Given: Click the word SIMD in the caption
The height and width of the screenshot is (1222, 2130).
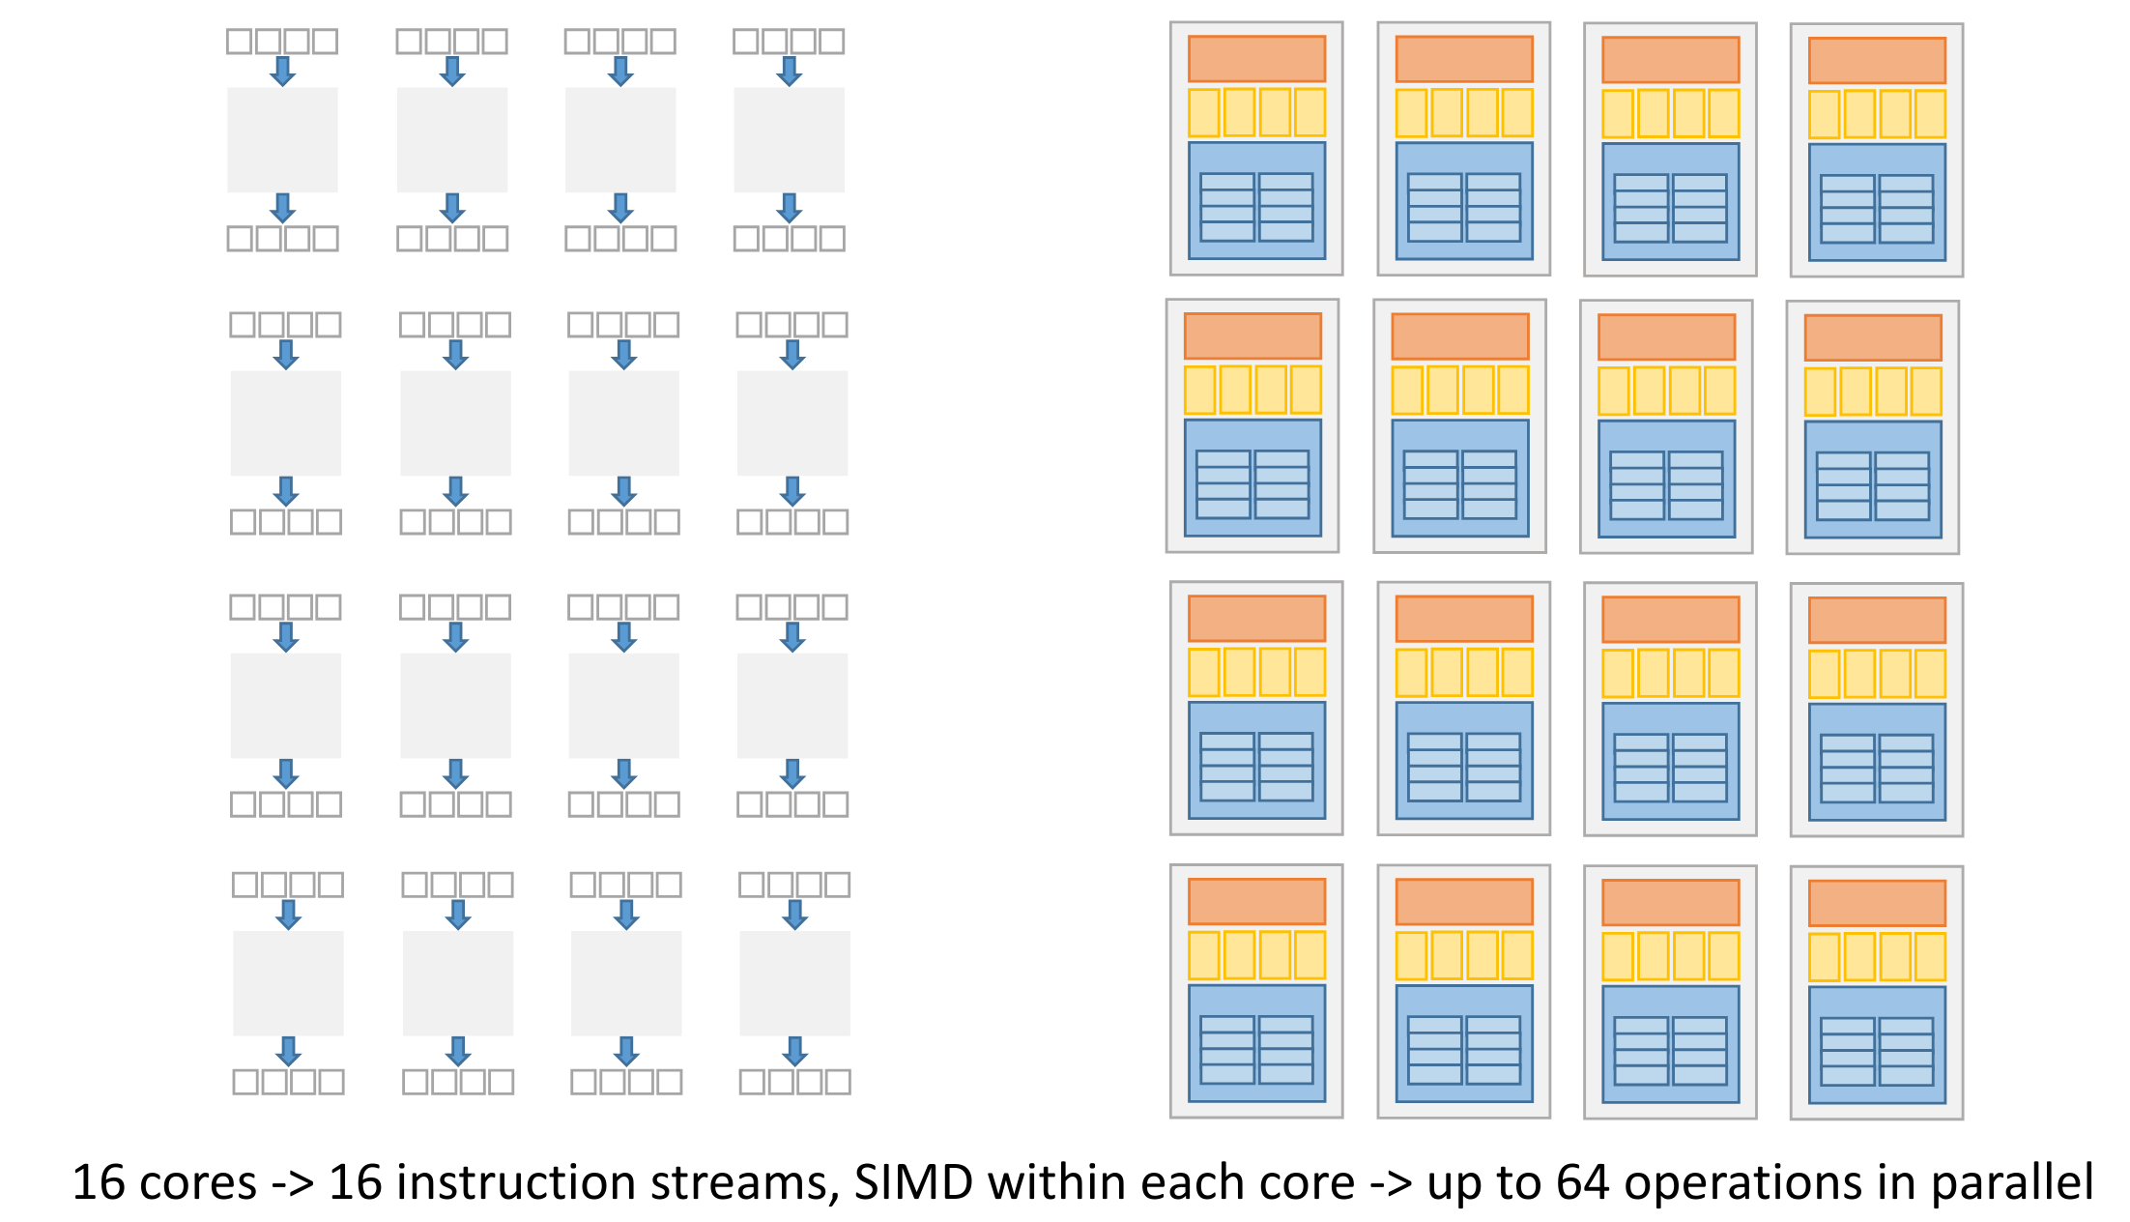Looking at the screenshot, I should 913,1182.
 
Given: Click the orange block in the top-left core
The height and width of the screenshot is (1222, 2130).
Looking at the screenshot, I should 1256,59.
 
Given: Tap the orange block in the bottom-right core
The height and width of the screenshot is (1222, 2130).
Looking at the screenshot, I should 1877,903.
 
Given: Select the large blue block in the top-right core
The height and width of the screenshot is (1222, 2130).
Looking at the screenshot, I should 1877,202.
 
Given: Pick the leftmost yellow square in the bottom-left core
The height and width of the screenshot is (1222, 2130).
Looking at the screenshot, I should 1203,955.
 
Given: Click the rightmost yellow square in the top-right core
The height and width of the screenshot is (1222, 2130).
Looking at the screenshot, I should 1930,114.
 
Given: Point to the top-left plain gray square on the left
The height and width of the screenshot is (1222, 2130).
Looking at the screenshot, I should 282,139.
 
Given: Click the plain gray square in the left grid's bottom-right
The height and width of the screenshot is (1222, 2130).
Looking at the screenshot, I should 794,983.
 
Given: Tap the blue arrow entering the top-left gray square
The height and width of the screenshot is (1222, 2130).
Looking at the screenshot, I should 282,71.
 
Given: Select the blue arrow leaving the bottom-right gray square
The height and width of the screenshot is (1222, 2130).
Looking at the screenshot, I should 794,1051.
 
